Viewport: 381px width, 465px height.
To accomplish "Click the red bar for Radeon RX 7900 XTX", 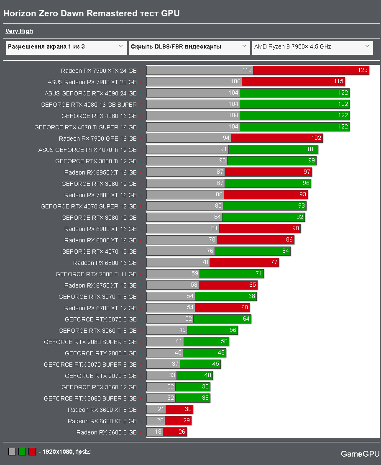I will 311,70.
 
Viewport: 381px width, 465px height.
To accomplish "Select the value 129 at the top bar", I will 363,70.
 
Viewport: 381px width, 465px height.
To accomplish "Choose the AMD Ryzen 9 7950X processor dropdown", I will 312,47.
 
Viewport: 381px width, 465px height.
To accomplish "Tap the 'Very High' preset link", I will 19,31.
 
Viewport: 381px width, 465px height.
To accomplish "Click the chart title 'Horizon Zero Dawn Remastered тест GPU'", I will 92,13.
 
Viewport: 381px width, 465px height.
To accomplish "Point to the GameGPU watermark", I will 360,454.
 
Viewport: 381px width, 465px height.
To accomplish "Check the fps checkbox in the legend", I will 88,451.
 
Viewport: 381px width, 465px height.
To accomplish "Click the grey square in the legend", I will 12,452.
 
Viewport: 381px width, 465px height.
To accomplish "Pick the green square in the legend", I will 22,452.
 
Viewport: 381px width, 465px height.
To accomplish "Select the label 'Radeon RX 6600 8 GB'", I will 106,432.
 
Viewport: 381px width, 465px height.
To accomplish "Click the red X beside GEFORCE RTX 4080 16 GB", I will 141,116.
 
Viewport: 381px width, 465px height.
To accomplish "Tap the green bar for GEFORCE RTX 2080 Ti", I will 231,274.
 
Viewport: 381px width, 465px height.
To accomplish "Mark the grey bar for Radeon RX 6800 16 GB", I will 178,263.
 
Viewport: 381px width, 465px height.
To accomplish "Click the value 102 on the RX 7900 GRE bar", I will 317,138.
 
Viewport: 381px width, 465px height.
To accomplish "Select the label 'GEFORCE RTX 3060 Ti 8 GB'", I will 97,331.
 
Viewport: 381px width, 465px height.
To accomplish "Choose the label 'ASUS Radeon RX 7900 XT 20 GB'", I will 92,82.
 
